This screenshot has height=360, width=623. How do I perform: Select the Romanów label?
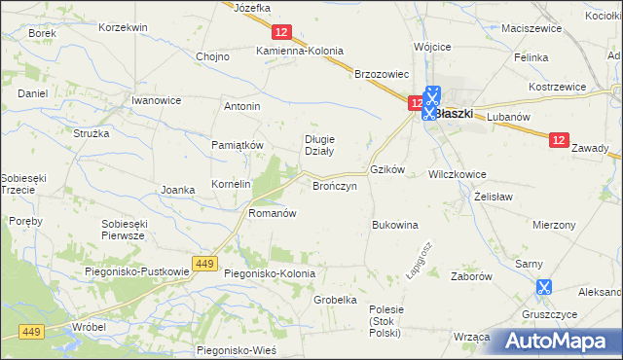(272, 212)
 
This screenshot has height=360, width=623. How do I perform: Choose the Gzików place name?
(386, 168)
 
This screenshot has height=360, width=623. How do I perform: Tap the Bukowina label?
(394, 225)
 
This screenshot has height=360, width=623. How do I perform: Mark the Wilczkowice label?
(458, 175)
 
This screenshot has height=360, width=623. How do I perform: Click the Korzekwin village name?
(123, 27)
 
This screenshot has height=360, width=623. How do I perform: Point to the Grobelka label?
(335, 300)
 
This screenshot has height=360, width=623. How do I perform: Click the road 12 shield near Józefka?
(280, 32)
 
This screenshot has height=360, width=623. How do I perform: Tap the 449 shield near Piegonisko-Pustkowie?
(203, 264)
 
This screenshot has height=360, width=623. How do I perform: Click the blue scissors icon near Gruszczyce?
(543, 287)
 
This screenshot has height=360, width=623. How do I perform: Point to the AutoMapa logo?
(557, 340)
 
